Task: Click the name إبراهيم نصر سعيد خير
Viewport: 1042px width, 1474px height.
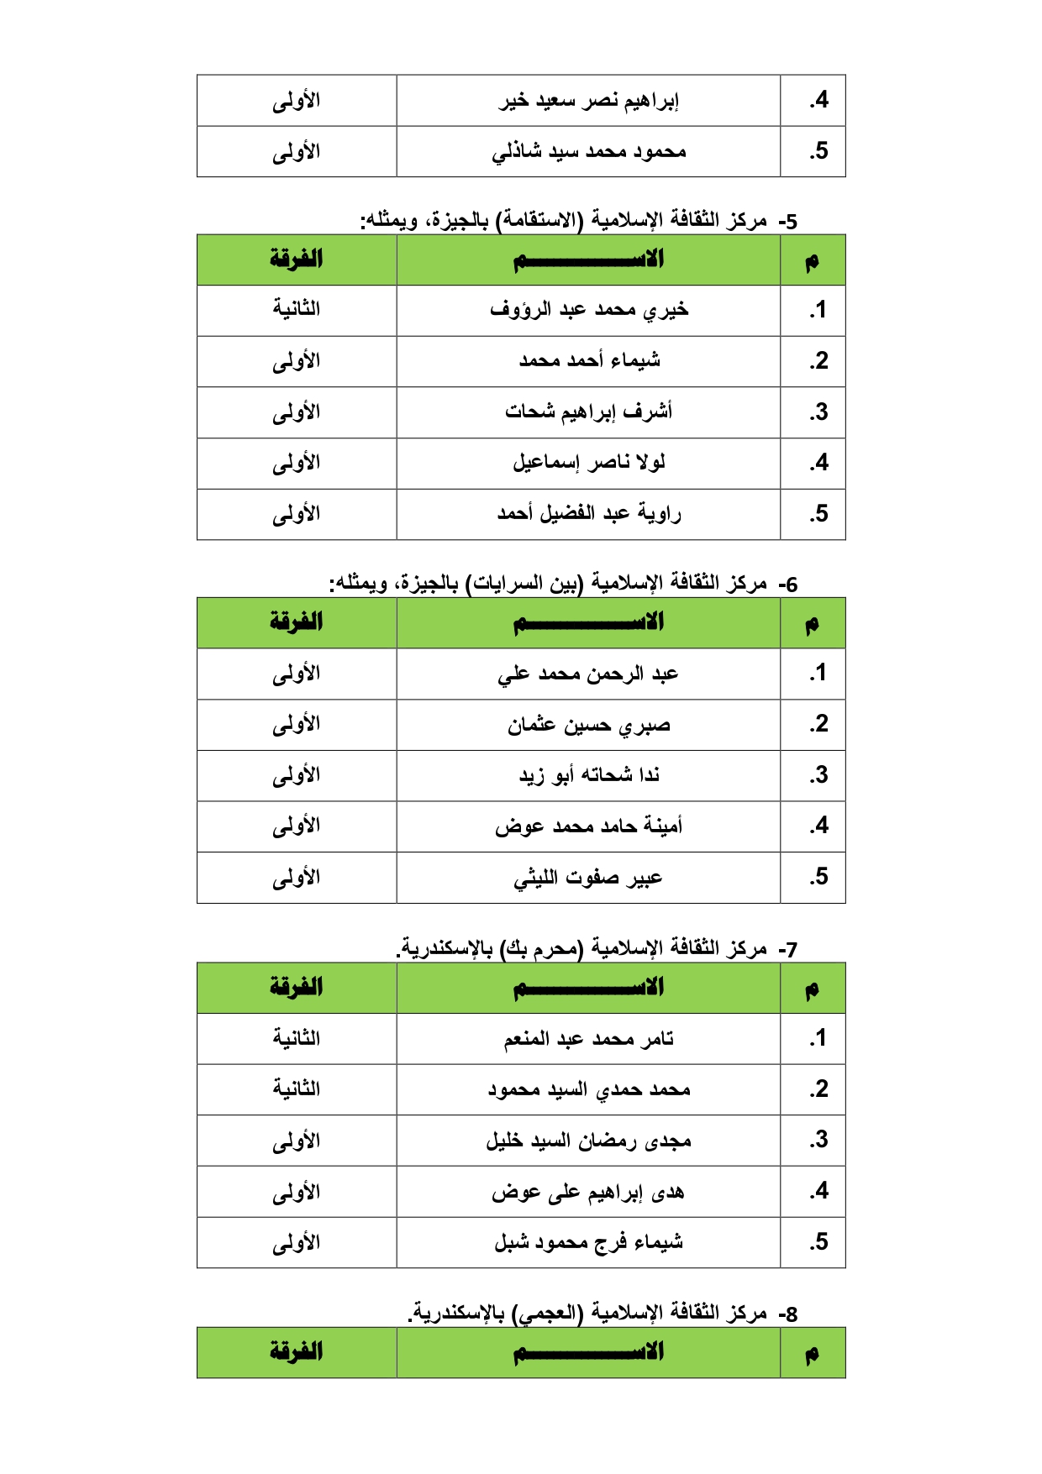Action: tap(588, 102)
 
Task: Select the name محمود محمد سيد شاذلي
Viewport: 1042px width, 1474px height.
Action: tap(588, 152)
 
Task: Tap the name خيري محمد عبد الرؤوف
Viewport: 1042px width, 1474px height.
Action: tap(588, 311)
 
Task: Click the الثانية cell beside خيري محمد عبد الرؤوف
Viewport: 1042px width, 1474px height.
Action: tap(296, 310)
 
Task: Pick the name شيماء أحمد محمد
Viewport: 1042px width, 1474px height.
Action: tap(588, 361)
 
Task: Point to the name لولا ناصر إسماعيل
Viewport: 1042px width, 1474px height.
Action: tap(588, 463)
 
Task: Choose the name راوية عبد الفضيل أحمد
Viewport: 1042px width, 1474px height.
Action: tap(588, 514)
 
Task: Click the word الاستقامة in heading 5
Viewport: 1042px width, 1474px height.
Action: tap(539, 221)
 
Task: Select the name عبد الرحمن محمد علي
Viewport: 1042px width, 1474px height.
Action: tap(588, 674)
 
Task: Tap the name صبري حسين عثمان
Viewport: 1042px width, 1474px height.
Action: tap(588, 726)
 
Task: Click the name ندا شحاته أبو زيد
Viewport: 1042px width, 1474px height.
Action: tap(588, 776)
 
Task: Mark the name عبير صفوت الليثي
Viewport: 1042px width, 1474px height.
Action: tap(588, 879)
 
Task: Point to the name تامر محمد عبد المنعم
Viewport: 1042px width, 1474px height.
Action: tap(588, 1040)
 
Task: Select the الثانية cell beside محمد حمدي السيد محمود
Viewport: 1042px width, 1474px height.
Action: tap(296, 1089)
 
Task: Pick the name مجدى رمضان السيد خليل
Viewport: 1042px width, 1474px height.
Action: tap(588, 1141)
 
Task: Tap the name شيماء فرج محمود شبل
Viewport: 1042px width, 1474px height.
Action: tap(588, 1242)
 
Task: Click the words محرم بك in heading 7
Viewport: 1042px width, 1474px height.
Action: tap(540, 949)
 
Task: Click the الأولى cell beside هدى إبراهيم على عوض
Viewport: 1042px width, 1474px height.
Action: tap(296, 1193)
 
